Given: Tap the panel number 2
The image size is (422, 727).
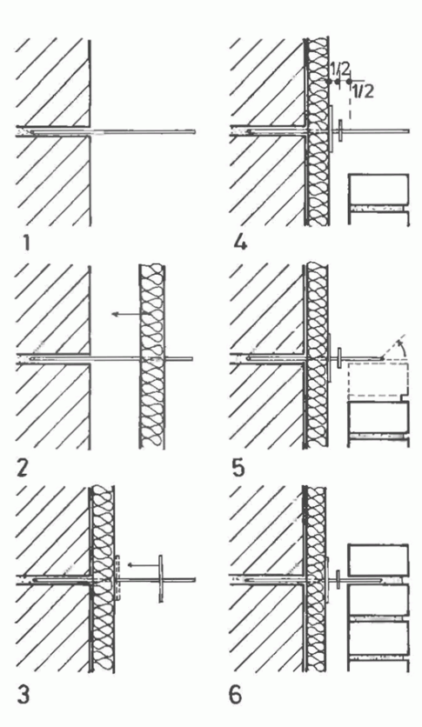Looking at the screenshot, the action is tap(23, 468).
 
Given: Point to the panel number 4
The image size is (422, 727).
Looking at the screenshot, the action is tap(240, 242).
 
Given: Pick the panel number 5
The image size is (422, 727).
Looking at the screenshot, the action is tap(238, 468).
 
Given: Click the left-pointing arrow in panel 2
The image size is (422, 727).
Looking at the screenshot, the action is tap(127, 314).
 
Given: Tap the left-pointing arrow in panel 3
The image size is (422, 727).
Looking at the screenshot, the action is tap(144, 564).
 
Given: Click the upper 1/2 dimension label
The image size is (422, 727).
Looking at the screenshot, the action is tap(339, 69).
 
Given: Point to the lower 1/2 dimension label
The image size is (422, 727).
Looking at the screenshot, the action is tap(363, 91).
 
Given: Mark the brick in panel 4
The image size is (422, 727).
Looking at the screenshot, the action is tap(378, 190).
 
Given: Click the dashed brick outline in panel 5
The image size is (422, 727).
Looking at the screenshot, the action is tap(378, 380).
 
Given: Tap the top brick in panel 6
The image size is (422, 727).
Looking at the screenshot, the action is tap(378, 560).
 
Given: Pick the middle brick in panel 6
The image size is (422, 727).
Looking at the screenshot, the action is tap(378, 599).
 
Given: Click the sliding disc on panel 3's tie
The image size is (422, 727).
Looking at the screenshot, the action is tap(161, 578).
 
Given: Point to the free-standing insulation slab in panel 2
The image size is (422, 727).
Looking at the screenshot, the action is tap(152, 357).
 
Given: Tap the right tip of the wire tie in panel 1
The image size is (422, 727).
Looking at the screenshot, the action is tap(194, 131).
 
